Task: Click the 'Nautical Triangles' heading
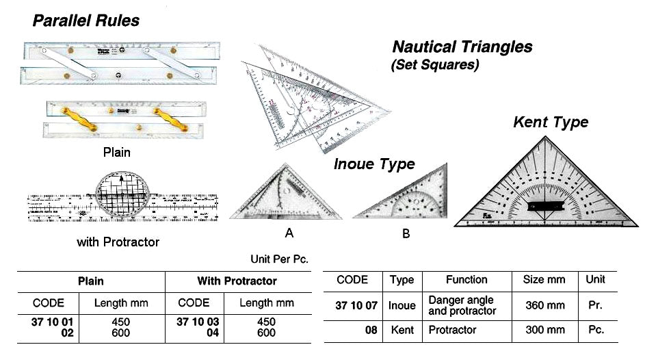point(462,47)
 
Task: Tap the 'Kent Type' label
point(551,123)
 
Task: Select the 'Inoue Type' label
point(374,164)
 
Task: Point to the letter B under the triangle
point(406,234)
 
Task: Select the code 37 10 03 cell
point(199,322)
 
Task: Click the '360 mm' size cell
point(544,305)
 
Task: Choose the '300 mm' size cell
point(544,330)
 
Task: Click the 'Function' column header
point(466,280)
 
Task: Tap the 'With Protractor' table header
point(237,281)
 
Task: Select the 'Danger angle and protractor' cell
point(460,305)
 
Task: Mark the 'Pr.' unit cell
point(595,305)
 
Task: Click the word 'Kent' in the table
point(402,330)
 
